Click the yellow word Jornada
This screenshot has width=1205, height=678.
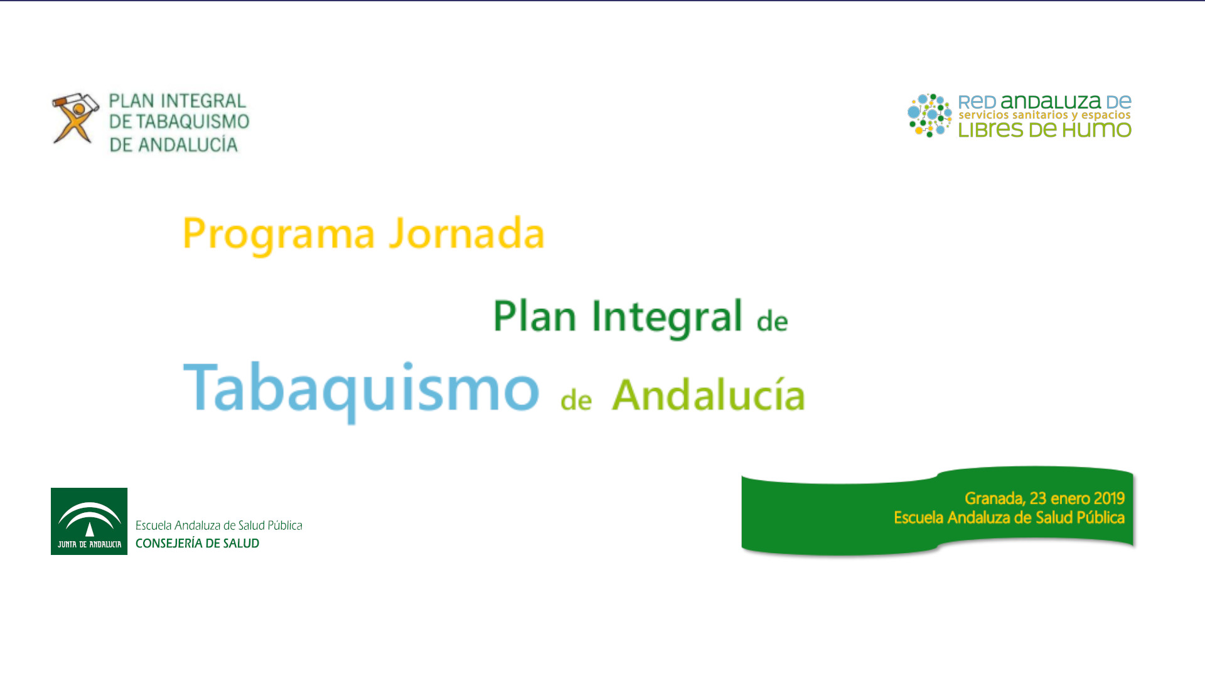466,234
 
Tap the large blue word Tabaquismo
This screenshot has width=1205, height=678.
361,389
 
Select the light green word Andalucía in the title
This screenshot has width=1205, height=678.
709,395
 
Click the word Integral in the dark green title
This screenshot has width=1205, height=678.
667,316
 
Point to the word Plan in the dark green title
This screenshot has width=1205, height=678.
534,316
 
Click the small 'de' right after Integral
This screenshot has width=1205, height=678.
772,321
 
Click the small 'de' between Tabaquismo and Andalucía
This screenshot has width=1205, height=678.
576,401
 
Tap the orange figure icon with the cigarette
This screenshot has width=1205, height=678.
75,118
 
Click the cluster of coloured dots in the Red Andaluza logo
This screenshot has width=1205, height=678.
929,116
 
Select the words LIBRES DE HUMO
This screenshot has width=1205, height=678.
1044,131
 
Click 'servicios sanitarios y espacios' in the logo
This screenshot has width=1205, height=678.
1044,116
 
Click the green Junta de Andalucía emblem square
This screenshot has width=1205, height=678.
89,521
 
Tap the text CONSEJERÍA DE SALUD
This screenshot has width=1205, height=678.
197,544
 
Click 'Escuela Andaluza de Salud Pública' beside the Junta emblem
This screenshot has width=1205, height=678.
218,525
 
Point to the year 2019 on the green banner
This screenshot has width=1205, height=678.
1108,498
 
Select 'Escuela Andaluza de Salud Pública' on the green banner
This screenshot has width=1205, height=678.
1009,518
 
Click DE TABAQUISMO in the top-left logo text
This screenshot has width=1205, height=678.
179,122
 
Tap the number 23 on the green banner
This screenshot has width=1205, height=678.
1037,498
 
